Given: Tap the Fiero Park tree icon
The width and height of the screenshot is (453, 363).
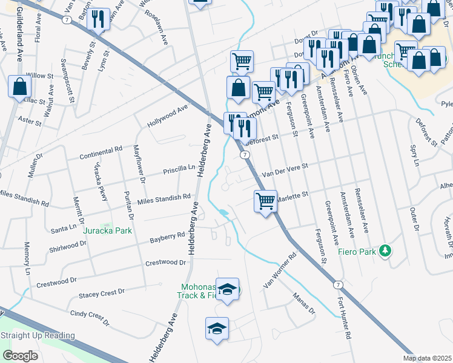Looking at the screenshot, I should (384, 250).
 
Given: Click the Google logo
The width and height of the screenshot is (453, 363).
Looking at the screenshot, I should (21, 355).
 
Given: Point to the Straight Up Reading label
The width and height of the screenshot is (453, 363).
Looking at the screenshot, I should (38, 336).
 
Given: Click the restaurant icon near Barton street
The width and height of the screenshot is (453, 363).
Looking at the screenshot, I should (96, 20).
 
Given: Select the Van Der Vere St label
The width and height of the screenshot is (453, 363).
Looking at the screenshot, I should (285, 170).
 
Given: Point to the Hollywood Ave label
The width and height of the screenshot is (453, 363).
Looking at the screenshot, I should (168, 117).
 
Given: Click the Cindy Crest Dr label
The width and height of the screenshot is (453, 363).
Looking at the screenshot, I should (93, 315).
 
